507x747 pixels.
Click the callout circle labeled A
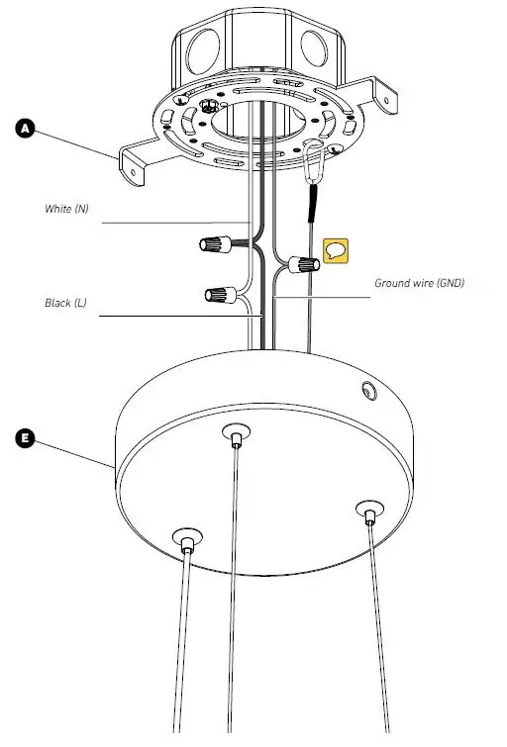coord(26,128)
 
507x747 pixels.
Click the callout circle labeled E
coord(26,438)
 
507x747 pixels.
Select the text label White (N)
coord(66,210)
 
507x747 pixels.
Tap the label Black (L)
coord(65,303)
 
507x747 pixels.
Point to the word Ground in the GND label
coord(393,283)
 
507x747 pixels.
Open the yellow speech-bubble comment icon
coord(337,250)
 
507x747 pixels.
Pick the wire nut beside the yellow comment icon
coord(304,264)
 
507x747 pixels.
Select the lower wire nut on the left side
coord(218,294)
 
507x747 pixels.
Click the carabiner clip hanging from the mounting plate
coord(315,161)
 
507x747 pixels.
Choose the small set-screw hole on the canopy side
coord(368,392)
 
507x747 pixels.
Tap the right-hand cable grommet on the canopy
coord(368,512)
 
